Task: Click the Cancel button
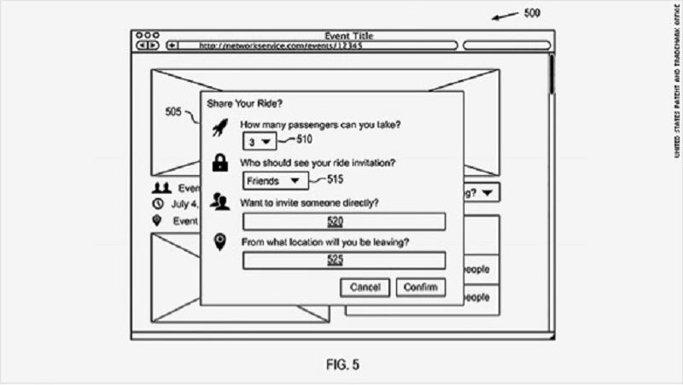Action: point(365,287)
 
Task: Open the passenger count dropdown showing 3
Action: point(258,142)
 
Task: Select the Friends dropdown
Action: point(273,181)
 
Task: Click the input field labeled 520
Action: point(344,222)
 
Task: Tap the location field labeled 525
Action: point(344,260)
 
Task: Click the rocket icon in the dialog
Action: point(219,128)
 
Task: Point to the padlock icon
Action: point(219,163)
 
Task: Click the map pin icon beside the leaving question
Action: point(219,242)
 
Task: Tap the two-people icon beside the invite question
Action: point(219,202)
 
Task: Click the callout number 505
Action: point(174,112)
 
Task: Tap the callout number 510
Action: point(306,138)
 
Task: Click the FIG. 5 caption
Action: point(341,365)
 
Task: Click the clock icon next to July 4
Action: point(157,204)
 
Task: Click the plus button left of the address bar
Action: point(172,45)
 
